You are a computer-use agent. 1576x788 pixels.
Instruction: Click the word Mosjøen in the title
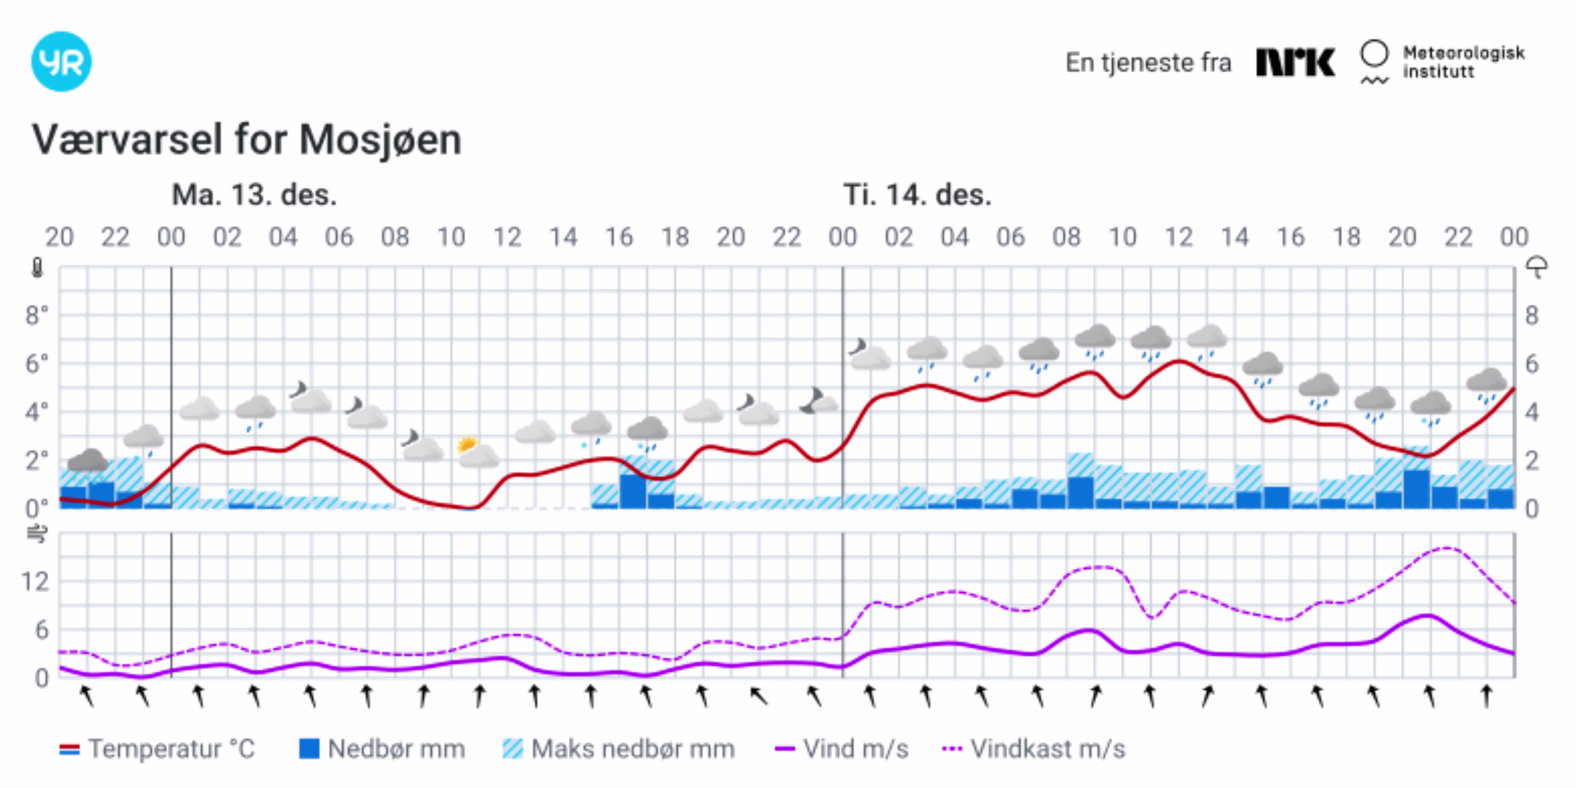[x=380, y=140]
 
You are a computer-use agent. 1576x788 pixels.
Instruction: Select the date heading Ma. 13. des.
[x=254, y=195]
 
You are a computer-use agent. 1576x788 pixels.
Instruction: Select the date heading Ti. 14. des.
[x=916, y=195]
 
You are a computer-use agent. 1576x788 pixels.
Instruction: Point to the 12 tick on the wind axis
[x=35, y=581]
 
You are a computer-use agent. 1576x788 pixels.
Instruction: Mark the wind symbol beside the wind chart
[x=37, y=534]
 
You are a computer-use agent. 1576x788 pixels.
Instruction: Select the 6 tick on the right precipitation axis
[x=1531, y=364]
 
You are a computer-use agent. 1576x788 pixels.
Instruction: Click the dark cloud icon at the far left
[x=87, y=460]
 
